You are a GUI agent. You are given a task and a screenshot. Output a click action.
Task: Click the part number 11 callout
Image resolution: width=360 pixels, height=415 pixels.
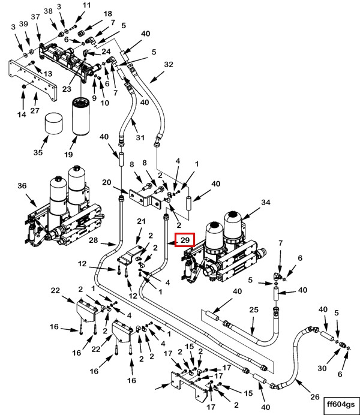click(x=87, y=5)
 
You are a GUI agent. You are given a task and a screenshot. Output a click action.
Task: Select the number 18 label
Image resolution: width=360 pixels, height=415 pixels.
click(x=108, y=14)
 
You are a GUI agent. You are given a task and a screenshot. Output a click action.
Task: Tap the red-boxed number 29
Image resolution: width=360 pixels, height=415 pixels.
click(x=185, y=240)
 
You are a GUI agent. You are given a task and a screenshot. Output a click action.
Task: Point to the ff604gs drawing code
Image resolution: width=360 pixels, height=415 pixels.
click(x=341, y=404)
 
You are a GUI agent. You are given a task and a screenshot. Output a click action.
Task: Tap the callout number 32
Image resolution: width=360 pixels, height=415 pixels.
click(x=168, y=65)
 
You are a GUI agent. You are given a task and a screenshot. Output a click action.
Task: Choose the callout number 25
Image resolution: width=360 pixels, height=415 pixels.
click(x=253, y=311)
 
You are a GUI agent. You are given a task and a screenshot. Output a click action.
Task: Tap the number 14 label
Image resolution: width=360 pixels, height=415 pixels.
click(x=22, y=115)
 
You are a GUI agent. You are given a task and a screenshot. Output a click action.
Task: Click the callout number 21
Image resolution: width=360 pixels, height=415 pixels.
click(x=142, y=222)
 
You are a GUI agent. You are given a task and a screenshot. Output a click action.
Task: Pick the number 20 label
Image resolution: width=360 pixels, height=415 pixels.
click(x=107, y=182)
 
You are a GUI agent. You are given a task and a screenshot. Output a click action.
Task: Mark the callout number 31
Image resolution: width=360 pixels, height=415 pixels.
click(x=141, y=137)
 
